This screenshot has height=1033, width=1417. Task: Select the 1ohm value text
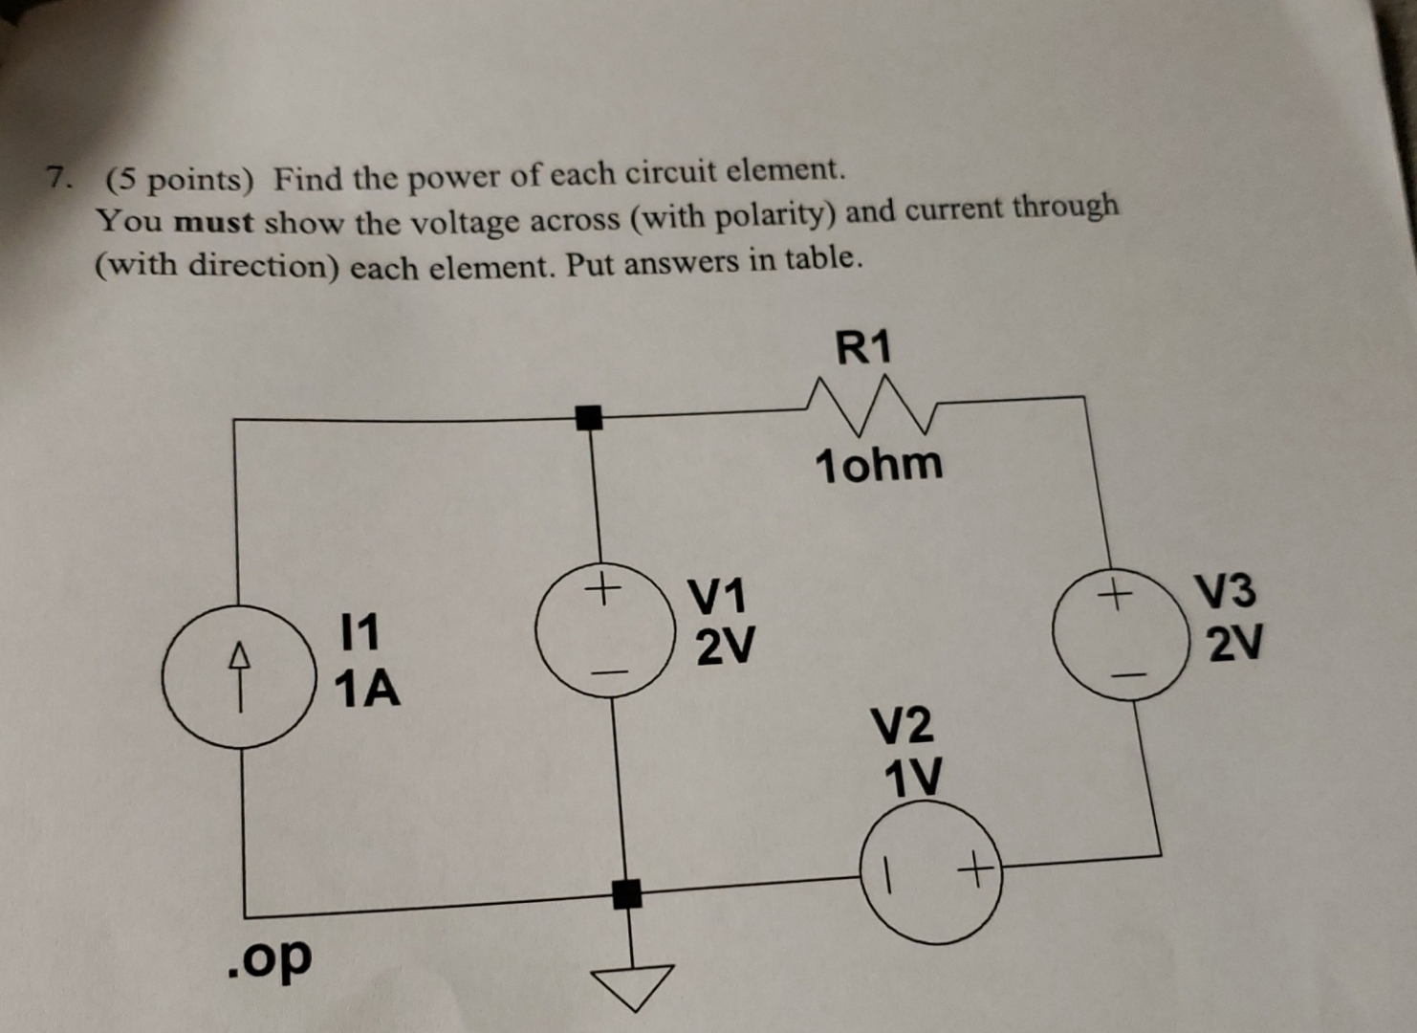[878, 465]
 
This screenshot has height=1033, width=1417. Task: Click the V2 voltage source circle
[931, 871]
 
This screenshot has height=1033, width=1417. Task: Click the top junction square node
[589, 417]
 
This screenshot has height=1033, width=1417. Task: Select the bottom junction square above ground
[627, 894]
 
